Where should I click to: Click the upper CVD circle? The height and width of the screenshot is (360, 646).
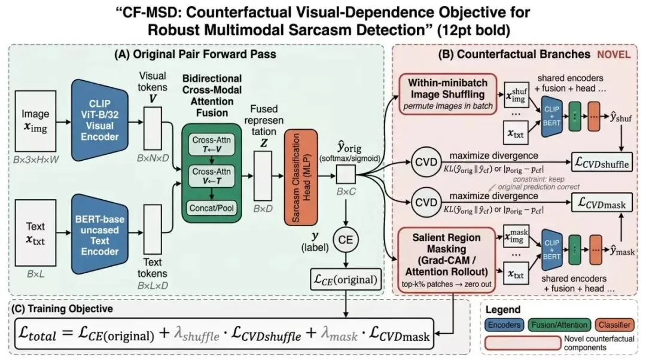(425, 163)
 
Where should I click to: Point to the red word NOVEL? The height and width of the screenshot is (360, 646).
(613, 54)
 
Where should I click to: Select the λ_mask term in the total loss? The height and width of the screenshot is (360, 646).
(345, 337)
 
